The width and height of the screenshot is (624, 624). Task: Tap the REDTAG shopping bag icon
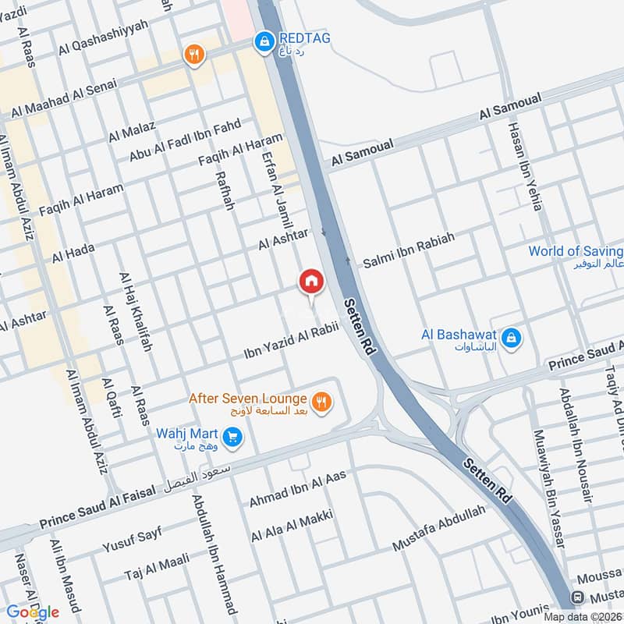click(x=264, y=40)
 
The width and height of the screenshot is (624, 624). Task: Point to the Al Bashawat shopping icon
click(x=512, y=338)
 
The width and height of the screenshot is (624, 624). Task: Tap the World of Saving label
click(x=576, y=252)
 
